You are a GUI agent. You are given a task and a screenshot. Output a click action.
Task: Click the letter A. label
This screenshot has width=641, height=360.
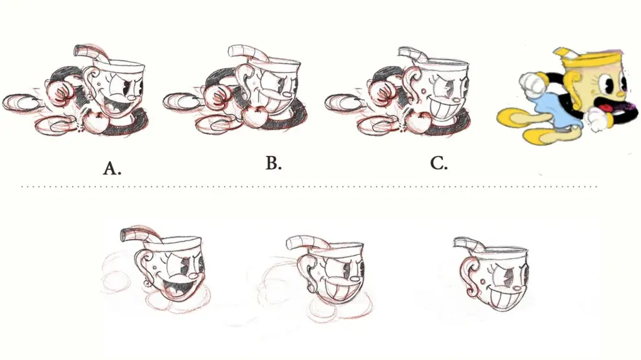pos(112,168)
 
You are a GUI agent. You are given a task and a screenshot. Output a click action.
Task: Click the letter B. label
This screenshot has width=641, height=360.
pos(273,163)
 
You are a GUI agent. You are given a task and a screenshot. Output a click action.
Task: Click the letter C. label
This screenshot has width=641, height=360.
pos(439,163)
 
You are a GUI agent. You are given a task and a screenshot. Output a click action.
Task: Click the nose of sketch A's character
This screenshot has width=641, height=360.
pos(130,98)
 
